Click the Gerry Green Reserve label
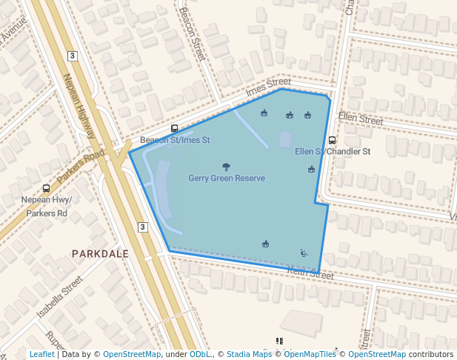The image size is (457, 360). coord(226,179)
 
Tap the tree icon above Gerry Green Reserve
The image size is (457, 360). coord(226,167)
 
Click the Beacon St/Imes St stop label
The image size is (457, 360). coord(175,140)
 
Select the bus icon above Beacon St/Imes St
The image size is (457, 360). coord(174,128)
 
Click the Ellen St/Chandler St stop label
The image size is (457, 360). coord(332,151)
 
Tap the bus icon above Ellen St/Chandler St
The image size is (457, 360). coord(332,139)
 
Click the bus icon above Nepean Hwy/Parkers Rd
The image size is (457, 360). coord(46,188)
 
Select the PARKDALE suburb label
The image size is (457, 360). coord(100,253)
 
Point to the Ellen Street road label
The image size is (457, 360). coord(360,119)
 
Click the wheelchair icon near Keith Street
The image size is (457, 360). coord(304,253)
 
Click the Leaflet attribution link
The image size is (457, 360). coord(41,354)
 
